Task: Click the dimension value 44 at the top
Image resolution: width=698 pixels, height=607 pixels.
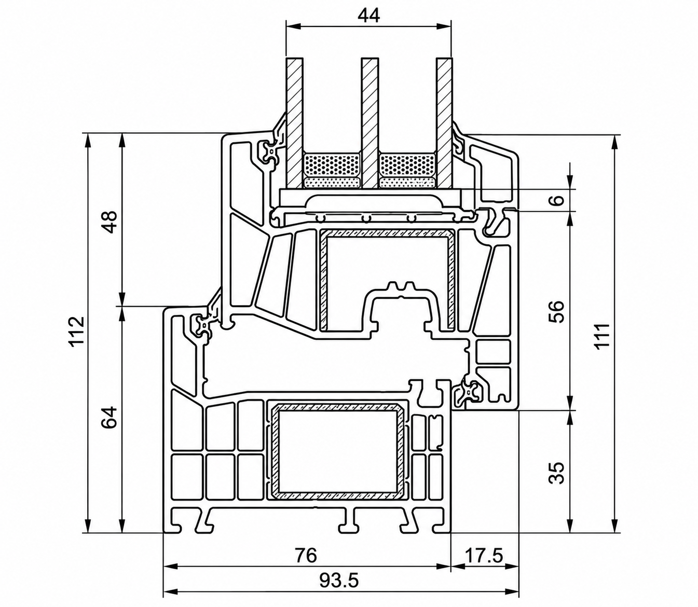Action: click(369, 16)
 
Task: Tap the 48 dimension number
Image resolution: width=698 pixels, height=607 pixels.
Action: click(110, 222)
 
